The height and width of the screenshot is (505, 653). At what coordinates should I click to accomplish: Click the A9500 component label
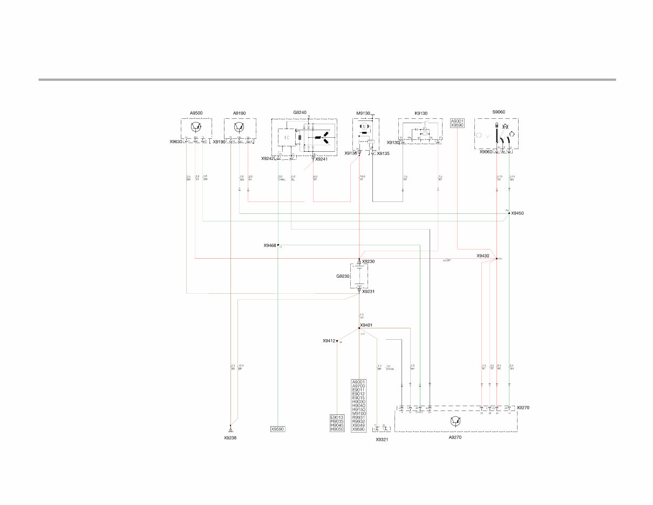pos(196,113)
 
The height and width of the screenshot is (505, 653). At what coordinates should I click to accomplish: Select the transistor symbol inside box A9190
pos(240,126)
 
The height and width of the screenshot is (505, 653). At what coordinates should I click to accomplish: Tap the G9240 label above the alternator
pos(300,112)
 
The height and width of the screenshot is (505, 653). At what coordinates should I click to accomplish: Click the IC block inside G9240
pos(287,138)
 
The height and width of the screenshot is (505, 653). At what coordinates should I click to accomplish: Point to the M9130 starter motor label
pos(363,113)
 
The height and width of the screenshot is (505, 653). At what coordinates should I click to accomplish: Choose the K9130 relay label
pos(420,113)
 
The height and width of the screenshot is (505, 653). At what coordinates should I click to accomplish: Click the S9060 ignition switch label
pos(499,112)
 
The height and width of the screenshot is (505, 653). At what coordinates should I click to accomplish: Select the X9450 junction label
pos(517,213)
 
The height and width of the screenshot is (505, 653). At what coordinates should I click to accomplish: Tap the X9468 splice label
pos(270,245)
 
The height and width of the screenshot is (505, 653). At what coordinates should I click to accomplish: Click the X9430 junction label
pos(482,256)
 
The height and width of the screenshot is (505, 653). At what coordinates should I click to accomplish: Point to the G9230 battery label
pos(343,276)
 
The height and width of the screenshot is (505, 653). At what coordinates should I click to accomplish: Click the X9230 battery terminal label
pos(368,261)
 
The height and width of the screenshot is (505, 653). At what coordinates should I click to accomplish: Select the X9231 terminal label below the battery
pos(368,292)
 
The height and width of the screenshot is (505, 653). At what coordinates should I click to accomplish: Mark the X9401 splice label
pos(366,325)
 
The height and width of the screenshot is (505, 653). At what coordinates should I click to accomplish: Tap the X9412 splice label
pos(329,341)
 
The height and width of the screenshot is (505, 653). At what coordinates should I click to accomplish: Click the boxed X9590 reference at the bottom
pos(277,429)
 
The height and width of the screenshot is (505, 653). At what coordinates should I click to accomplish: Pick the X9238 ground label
pos(230,438)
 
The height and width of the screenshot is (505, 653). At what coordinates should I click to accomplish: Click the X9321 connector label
pos(382,440)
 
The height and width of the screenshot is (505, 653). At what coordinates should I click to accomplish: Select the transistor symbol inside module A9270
pos(454,421)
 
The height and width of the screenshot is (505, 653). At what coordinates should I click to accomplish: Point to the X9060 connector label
pos(486,152)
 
